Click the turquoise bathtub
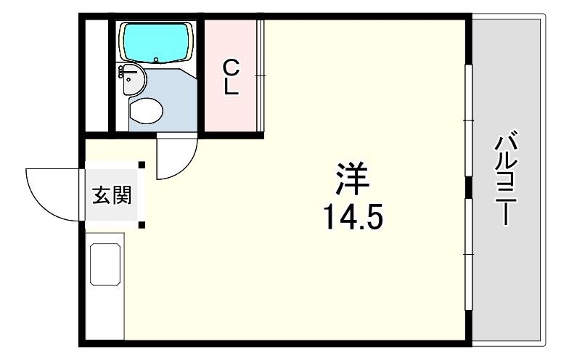tap(157, 43)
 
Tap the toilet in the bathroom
tap(145, 110)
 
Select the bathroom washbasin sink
tap(132, 80)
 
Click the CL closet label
tap(231, 78)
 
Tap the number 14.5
tap(353, 216)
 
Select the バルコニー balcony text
tap(506, 177)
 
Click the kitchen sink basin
tap(105, 264)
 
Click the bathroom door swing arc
tap(186, 168)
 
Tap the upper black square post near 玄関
tap(142, 165)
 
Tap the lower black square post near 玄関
tap(142, 225)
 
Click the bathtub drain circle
tap(157, 60)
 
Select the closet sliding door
tap(260, 75)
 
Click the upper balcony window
tap(469, 120)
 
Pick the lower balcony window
tap(469, 254)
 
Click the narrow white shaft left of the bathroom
tap(97, 75)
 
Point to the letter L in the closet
tap(231, 87)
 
